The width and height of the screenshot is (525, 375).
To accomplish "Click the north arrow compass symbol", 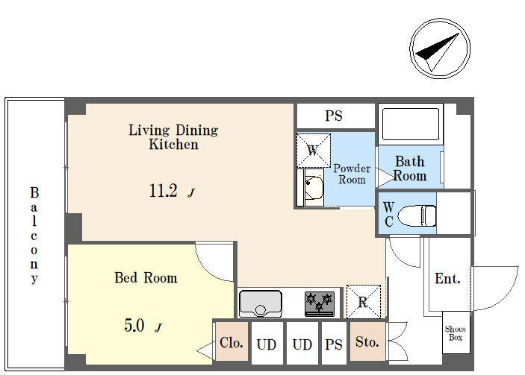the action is coord(440,48).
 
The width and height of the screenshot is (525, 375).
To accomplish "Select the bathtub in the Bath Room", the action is coord(411,124).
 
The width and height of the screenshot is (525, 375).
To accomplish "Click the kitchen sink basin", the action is coord(261,304).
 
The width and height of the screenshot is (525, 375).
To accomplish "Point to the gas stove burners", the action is coord(320,303).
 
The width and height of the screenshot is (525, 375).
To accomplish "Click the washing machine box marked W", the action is coord(314,151).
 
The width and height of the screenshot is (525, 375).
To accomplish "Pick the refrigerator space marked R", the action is coord(363,301).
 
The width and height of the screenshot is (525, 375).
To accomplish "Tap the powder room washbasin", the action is coord(314,189).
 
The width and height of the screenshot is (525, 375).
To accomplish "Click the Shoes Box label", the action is coord(456,333).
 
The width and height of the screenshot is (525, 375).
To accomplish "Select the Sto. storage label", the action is coord(367,341).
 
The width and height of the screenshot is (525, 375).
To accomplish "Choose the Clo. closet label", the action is coord(232,342).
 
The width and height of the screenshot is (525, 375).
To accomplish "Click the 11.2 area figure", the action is coord(163,191).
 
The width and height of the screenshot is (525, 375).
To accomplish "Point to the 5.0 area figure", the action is coord(134,325).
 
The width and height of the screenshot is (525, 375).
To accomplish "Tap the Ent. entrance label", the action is coord(447,278).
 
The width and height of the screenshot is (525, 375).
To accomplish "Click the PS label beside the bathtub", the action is coord(334,116).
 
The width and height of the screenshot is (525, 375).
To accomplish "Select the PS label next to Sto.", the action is coord(334,344).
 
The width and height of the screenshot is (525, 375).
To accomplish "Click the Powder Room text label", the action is coord(352,174).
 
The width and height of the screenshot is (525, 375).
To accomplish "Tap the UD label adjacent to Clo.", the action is coord(267,344).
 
